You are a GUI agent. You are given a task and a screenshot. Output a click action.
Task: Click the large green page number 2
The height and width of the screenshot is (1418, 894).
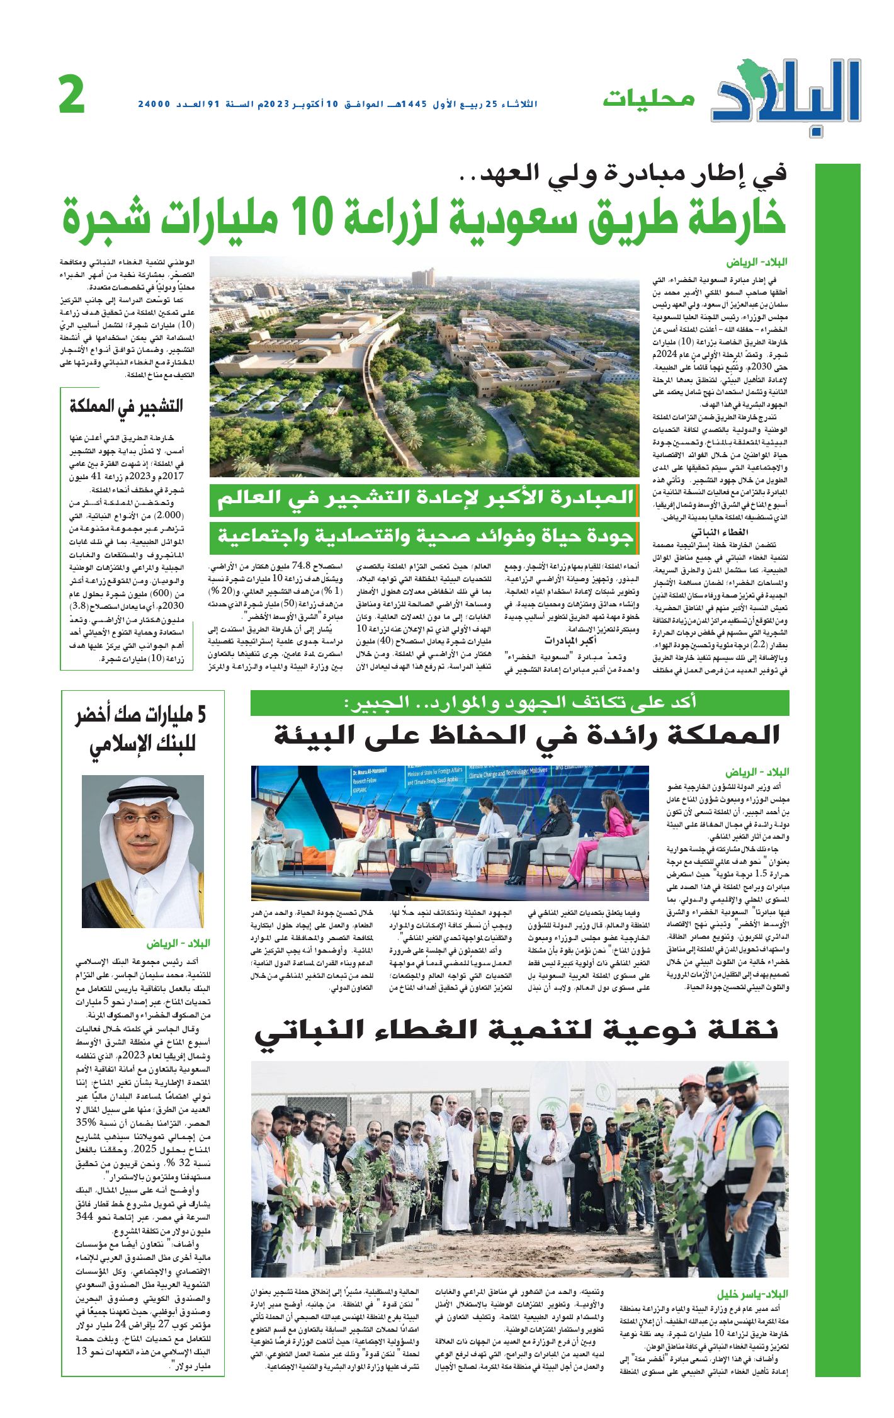tap(72, 94)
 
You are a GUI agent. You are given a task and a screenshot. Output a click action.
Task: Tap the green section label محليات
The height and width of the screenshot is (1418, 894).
tap(648, 99)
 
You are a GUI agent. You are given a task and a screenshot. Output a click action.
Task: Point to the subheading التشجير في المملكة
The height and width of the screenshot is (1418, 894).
tap(126, 406)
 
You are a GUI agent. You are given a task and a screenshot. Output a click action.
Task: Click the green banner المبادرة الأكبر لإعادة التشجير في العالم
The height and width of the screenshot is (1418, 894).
tap(425, 498)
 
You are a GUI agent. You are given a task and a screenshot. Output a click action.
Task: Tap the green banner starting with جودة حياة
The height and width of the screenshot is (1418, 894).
tap(425, 536)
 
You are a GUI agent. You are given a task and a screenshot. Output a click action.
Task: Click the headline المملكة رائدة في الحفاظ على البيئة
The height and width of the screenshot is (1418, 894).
tap(526, 735)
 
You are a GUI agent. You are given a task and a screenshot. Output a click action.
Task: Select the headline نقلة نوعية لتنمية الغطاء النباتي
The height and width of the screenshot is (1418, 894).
tap(516, 1030)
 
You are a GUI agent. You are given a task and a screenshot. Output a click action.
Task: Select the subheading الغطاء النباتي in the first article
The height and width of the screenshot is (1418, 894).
tap(718, 532)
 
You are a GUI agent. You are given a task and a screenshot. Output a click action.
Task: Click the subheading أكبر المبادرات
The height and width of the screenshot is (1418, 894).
tap(570, 641)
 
